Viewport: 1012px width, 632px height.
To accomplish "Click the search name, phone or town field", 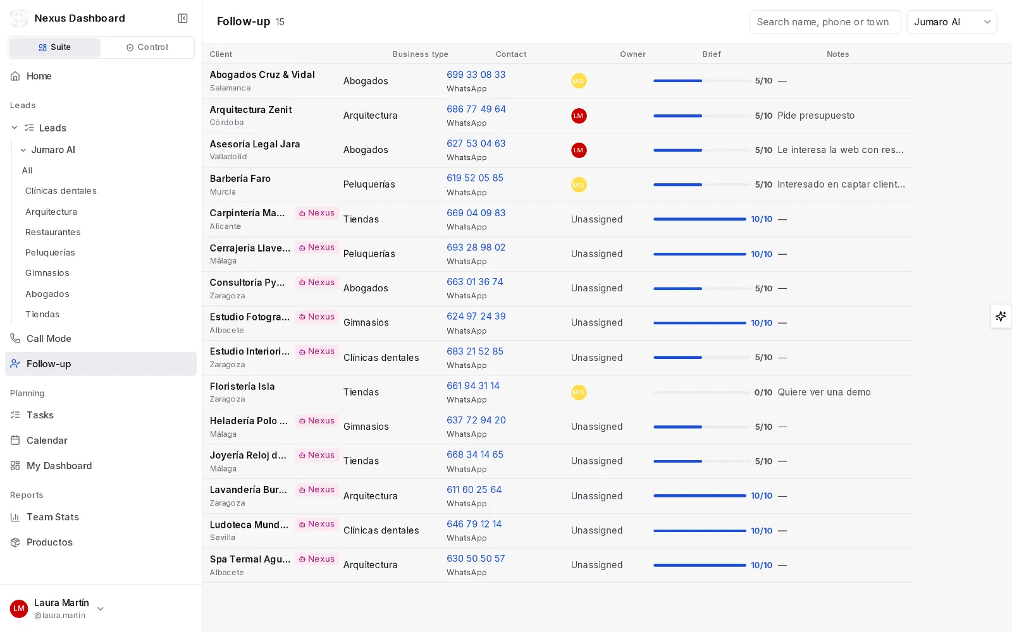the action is pos(825,21).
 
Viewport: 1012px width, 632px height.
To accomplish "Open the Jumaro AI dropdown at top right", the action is pos(951,21).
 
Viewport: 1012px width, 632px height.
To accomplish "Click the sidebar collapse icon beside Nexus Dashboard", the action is pos(183,18).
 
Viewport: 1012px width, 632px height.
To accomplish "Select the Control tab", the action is pos(147,47).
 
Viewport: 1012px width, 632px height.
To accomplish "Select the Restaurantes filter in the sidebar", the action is pos(53,232).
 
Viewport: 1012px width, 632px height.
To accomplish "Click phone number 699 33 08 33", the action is pos(476,75).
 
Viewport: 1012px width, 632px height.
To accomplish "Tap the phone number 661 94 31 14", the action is pos(473,386).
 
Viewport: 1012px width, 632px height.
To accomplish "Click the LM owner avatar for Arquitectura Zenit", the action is pos(579,116).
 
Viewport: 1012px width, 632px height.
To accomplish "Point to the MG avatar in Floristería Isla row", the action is pos(579,392).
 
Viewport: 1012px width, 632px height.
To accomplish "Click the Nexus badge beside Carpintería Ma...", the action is pos(317,212).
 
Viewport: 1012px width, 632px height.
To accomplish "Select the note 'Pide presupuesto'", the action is pos(816,116).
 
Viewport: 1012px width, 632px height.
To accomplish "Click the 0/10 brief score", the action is pos(763,392).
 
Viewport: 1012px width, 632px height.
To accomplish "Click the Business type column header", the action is pos(420,54).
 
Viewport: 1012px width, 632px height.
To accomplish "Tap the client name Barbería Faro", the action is pos(240,178).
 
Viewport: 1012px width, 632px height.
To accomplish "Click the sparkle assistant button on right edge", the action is pos(1001,316).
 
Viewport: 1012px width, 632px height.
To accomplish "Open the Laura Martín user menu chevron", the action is pos(101,609).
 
